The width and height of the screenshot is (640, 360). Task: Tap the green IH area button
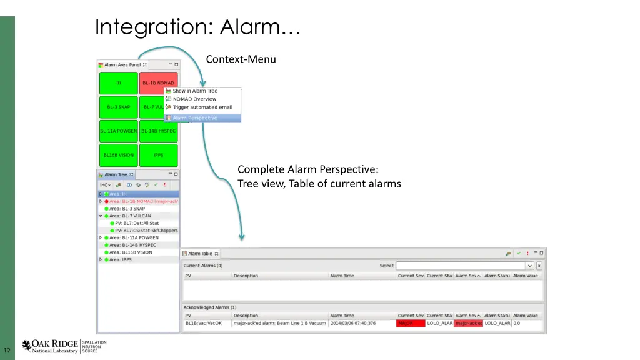pyautogui.click(x=119, y=83)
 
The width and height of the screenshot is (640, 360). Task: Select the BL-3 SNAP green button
pyautogui.click(x=119, y=107)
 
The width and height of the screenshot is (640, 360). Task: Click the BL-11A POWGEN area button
pyautogui.click(x=119, y=131)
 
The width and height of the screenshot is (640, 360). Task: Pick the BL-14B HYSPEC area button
pyautogui.click(x=159, y=131)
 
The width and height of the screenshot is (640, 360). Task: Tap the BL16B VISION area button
pyautogui.click(x=119, y=155)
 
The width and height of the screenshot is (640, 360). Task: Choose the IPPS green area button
pyautogui.click(x=159, y=155)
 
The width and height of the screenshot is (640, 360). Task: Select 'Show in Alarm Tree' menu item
pyautogui.click(x=195, y=91)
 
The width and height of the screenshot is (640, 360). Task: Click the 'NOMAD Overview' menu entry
pyautogui.click(x=194, y=99)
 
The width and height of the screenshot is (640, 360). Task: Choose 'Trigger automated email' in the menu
pyautogui.click(x=202, y=107)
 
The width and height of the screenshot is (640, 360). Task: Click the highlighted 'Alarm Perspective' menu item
pyautogui.click(x=195, y=117)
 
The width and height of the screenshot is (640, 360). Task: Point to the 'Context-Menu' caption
pyautogui.click(x=241, y=59)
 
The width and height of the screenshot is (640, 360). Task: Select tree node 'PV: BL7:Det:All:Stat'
pyautogui.click(x=137, y=223)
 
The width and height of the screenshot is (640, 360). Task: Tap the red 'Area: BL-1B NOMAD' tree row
pyautogui.click(x=143, y=201)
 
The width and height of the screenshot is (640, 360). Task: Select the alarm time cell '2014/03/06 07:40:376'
pyautogui.click(x=353, y=323)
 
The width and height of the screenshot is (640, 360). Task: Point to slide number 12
pyautogui.click(x=7, y=349)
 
